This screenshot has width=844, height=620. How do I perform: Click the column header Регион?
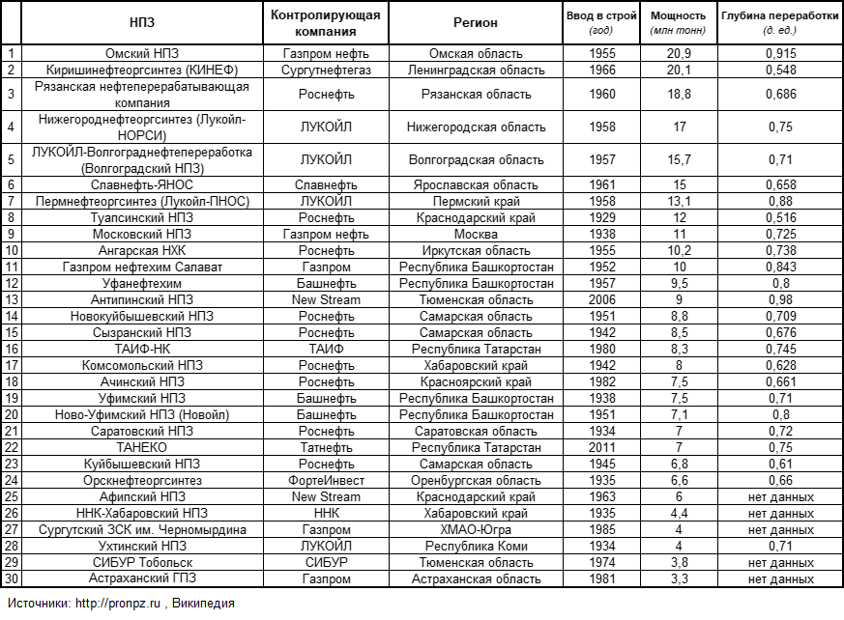coord(476,22)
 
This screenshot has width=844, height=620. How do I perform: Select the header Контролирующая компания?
coord(326,22)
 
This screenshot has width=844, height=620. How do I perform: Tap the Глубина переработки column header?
coord(779,16)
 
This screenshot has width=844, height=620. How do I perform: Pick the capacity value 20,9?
coord(679,53)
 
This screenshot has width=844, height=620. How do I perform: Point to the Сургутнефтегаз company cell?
coord(326,70)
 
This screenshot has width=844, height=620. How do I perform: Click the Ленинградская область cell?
coord(476,70)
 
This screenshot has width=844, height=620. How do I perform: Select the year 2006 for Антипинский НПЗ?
coord(602,299)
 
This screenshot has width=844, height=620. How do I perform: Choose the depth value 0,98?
coord(779,299)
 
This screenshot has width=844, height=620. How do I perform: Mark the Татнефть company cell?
coord(326,447)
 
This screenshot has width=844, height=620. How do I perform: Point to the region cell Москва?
coord(476,234)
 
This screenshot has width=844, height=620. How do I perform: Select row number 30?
coord(12,578)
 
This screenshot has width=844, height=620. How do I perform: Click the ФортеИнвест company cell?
coord(326,480)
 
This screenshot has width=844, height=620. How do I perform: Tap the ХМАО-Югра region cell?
coord(476,529)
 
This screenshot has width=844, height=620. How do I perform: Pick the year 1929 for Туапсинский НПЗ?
coord(602,217)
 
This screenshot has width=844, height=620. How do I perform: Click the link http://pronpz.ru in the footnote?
coord(117,604)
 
